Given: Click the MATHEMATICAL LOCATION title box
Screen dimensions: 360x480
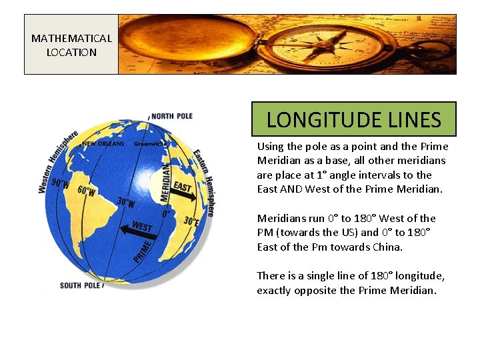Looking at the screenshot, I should tap(71, 45).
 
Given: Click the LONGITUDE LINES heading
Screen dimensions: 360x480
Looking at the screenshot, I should tap(353, 119).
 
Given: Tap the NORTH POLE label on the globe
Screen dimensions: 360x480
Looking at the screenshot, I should tap(171, 116).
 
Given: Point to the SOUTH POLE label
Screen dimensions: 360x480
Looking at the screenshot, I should tap(80, 285).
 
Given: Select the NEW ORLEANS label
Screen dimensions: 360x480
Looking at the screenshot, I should tap(102, 144).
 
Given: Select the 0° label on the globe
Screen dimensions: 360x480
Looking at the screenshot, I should tap(167, 215).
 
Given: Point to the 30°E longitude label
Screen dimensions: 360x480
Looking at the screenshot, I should tap(190, 221).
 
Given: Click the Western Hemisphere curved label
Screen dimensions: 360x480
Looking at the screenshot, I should tap(56, 160).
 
